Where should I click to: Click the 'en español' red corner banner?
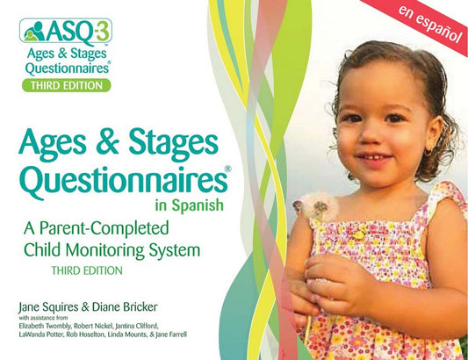pos(429,27)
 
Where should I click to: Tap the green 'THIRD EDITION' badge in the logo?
pos(66,85)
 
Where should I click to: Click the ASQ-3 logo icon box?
pos(66,32)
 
